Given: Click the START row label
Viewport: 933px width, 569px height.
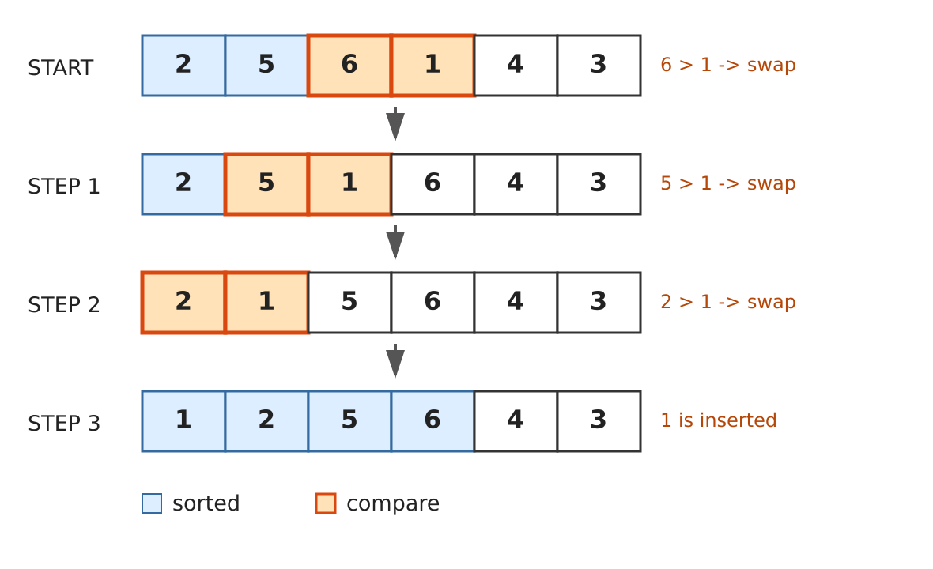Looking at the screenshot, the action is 61,68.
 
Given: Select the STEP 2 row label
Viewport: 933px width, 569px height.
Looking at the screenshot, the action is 64,305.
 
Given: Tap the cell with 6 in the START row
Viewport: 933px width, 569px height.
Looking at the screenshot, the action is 349,66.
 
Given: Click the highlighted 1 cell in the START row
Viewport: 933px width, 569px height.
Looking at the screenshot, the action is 433,66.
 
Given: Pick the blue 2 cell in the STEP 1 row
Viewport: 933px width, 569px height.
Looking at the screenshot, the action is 183,183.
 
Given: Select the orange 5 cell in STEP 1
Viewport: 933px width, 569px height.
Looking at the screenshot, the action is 266,183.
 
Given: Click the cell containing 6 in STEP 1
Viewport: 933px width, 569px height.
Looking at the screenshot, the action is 433,183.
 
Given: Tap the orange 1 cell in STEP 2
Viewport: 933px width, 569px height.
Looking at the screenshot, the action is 266,303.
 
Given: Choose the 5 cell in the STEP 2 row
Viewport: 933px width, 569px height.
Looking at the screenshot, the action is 349,303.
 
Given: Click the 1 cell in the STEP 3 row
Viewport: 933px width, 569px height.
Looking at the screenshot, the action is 183,421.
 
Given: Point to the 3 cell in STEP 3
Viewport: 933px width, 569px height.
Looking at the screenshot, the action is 599,421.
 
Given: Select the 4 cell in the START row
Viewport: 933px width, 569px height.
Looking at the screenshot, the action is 516,66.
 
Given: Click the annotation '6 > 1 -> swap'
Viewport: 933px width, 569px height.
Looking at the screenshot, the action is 727,65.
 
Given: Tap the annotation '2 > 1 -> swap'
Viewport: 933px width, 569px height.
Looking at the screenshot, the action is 727,302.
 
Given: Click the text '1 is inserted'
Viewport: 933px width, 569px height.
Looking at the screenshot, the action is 718,420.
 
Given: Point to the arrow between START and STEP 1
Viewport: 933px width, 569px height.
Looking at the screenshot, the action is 395,123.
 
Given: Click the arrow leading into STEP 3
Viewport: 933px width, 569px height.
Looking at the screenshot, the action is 395,361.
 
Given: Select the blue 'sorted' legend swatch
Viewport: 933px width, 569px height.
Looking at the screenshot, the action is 152,503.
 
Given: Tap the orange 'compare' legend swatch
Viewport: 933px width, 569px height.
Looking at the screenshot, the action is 326,503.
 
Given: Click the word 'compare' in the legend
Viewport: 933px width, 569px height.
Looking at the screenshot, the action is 393,504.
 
